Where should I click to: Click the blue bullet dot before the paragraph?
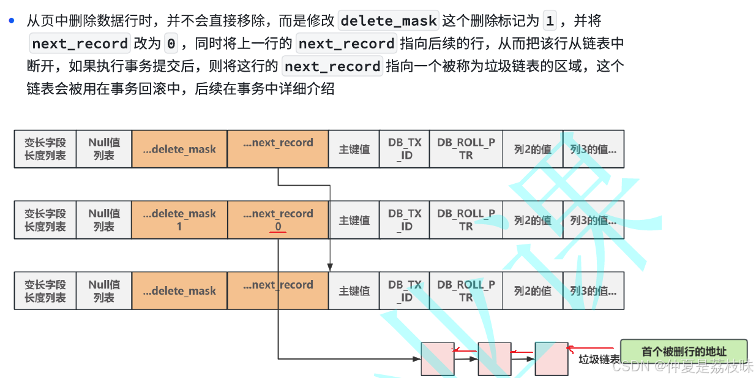coord(11,20)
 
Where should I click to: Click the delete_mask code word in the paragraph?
coord(389,21)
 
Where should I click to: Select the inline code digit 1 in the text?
coord(550,21)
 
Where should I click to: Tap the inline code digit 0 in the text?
coord(171,43)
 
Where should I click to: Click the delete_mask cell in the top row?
coord(179,149)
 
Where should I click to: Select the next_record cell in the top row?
coord(277,149)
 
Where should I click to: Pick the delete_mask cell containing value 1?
coord(179,220)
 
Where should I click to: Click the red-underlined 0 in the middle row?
coord(278,227)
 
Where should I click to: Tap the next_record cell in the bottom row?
coord(277,291)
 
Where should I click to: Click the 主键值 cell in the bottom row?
coord(354,291)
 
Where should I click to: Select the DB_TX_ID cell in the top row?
coord(405,149)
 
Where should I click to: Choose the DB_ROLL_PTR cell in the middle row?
coord(466,220)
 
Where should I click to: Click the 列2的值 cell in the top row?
coord(533,149)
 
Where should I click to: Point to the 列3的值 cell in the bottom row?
coord(593,291)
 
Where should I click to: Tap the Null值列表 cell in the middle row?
coord(104,220)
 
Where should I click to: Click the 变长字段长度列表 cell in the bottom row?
coord(45,291)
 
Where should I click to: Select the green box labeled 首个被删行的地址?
coord(684,351)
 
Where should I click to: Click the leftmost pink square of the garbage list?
coord(437,358)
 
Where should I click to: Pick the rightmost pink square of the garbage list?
coord(552,358)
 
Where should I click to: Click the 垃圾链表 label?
coord(598,360)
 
